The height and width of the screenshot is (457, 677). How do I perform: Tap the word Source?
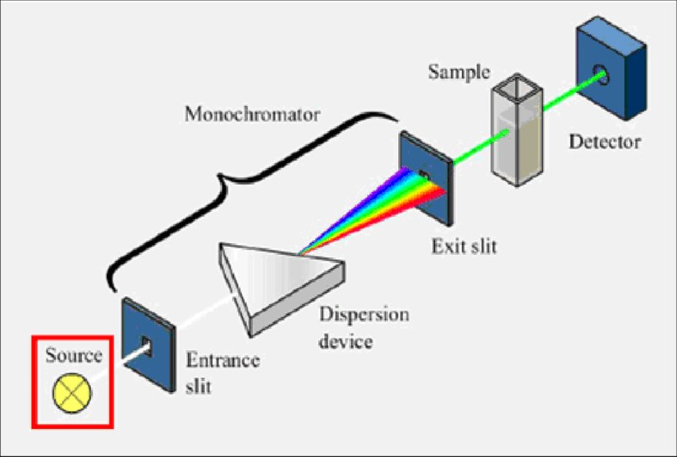pos(74,356)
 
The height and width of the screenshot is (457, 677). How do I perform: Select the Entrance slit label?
pos(223,372)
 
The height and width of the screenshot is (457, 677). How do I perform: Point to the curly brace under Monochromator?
pos(246,176)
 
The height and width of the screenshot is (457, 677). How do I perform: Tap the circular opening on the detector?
pos(603,76)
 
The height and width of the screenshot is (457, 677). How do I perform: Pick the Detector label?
pos(605,142)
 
